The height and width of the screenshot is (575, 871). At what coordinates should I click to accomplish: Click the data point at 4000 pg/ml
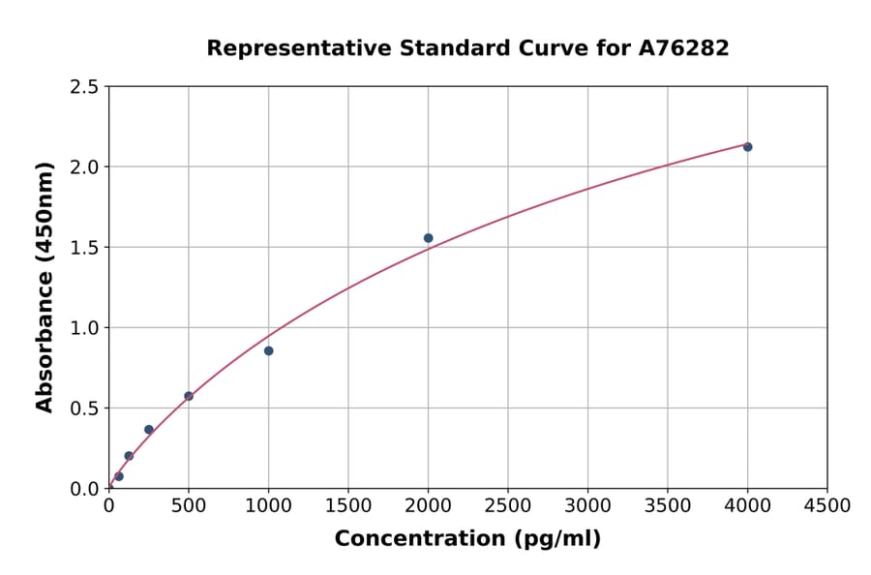point(747,147)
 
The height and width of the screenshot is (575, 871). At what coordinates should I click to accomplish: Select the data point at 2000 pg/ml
point(428,238)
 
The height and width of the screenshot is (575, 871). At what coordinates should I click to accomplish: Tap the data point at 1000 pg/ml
point(268,350)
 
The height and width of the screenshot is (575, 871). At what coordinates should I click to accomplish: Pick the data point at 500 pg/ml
point(189,396)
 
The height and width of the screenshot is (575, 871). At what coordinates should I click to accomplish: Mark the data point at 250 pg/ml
point(149,430)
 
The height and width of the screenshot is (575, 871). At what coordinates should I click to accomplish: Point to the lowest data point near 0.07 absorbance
point(119,476)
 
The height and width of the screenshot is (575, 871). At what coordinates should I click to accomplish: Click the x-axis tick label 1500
point(348,506)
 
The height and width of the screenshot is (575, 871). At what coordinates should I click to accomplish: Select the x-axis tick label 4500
point(827,506)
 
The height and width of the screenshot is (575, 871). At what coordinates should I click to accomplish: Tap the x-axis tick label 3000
point(587,506)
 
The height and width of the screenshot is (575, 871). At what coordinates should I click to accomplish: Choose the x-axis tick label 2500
point(508,506)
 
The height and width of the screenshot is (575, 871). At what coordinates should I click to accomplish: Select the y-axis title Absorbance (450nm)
point(45,287)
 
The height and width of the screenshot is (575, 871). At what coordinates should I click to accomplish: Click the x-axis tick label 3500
point(668,506)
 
